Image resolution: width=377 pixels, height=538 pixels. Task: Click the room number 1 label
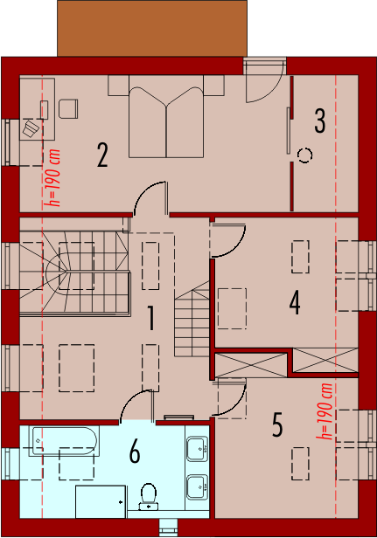150,319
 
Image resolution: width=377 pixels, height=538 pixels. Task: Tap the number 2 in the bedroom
102,155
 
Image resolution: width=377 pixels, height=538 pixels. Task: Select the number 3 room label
319,121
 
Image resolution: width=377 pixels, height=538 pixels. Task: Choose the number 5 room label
277,424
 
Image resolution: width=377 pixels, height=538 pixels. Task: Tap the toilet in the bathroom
149,496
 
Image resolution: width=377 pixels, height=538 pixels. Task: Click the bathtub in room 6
64,441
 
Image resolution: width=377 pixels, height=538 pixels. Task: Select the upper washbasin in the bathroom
197,448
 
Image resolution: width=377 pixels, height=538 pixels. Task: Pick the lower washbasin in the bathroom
197,486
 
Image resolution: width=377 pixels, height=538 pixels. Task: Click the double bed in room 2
166,117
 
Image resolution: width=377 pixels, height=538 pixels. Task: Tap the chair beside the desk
68,109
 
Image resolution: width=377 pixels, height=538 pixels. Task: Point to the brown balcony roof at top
152,28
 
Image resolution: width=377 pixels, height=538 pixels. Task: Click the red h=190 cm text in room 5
324,411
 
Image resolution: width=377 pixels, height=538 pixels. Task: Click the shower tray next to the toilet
101,501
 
